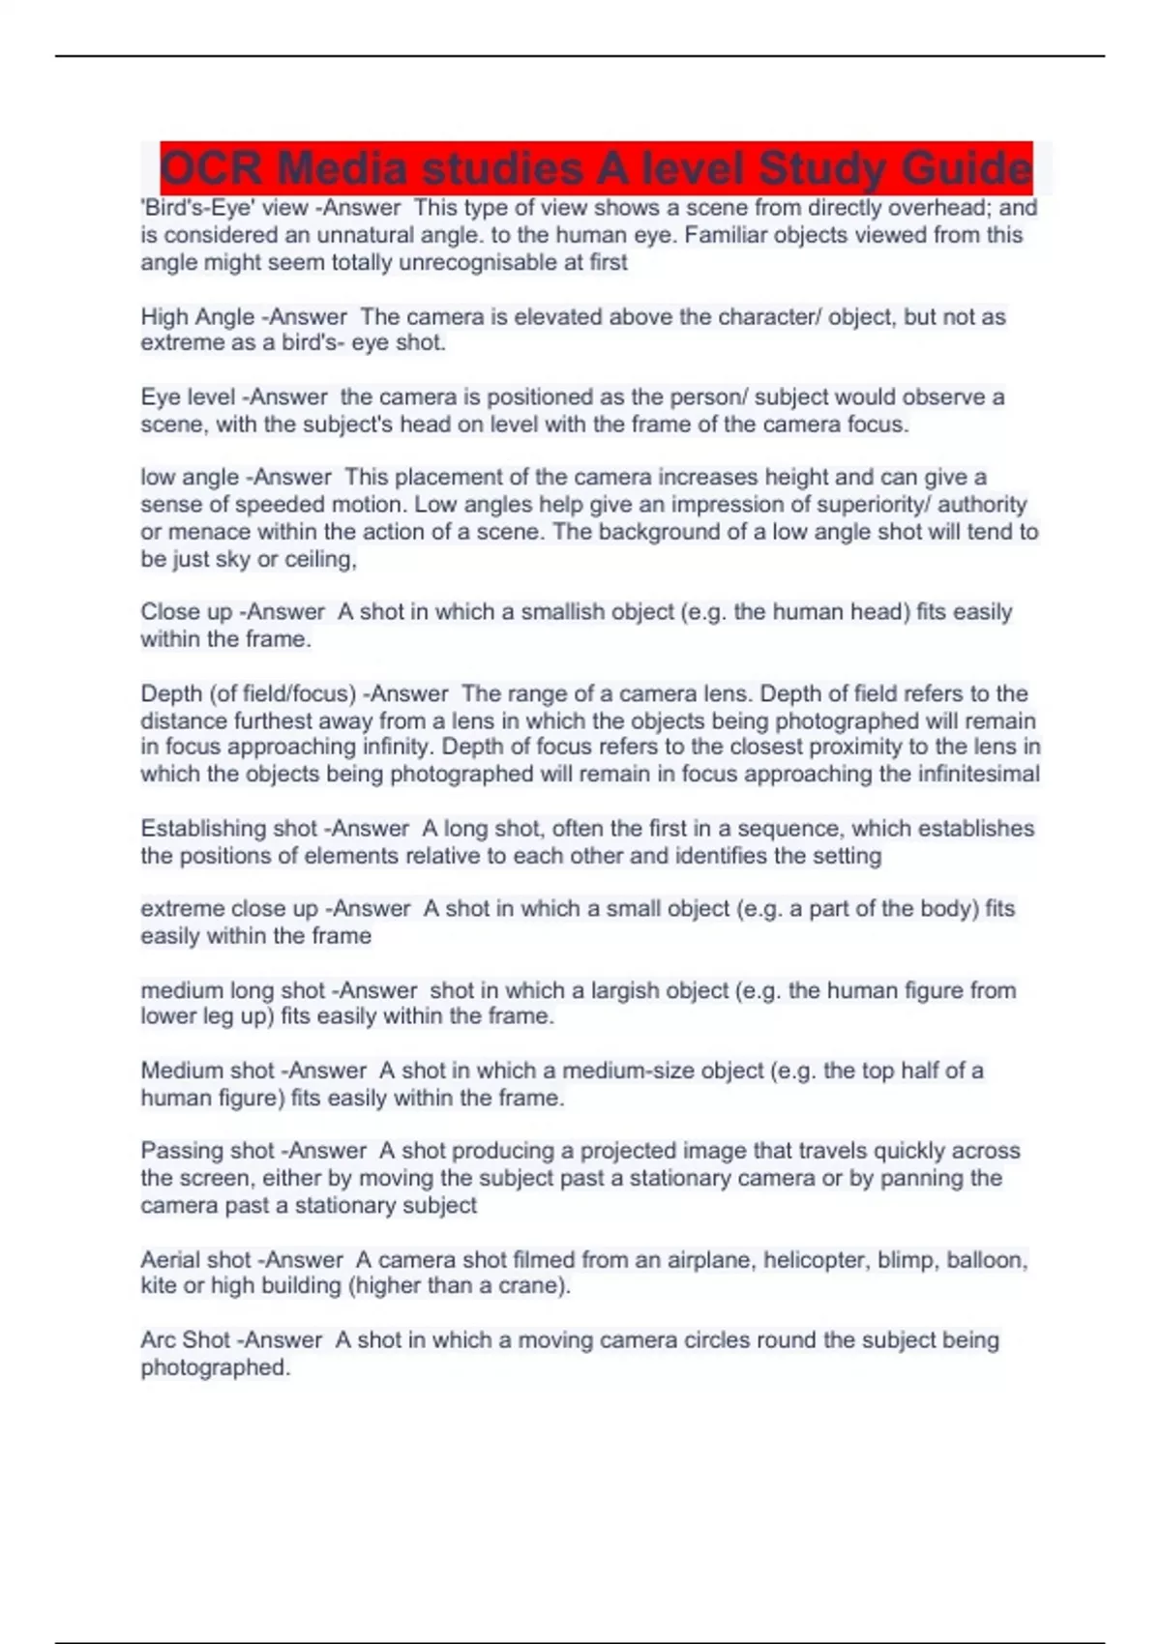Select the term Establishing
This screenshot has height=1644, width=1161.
203,829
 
